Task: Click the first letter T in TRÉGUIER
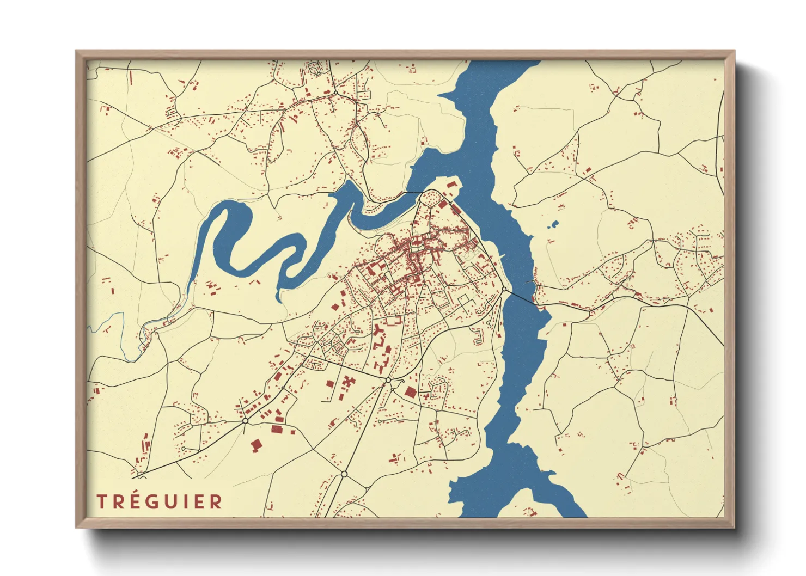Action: pyautogui.click(x=101, y=501)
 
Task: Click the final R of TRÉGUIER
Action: pyautogui.click(x=216, y=501)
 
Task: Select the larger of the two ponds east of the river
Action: pyautogui.click(x=554, y=223)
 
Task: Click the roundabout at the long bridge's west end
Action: pyautogui.click(x=505, y=290)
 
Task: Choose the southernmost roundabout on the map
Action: pyautogui.click(x=344, y=474)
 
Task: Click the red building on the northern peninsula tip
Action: pyautogui.click(x=450, y=185)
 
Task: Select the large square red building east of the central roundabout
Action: pyautogui.click(x=410, y=391)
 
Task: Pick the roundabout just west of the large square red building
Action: pyautogui.click(x=388, y=379)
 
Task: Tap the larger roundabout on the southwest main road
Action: pyautogui.click(x=245, y=421)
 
